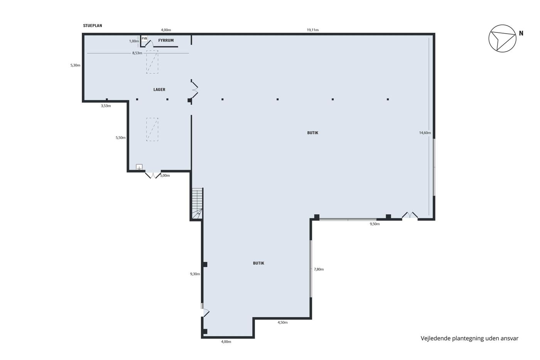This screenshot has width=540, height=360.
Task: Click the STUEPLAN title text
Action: click(x=93, y=25)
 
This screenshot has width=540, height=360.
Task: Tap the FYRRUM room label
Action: click(x=166, y=41)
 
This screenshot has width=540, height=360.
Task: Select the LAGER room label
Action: click(x=159, y=90)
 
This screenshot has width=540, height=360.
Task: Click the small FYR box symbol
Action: click(x=144, y=39)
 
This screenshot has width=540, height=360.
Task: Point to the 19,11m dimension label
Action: click(x=313, y=30)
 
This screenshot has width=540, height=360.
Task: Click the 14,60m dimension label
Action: click(x=425, y=133)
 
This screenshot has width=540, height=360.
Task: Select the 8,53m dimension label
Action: click(x=137, y=53)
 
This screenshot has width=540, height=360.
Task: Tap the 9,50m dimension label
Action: click(x=375, y=224)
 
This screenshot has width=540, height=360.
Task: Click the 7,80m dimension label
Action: click(x=319, y=269)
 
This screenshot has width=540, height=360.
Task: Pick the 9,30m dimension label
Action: click(x=195, y=274)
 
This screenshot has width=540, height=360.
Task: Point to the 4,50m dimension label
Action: click(x=282, y=323)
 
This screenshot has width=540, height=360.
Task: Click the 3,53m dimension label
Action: click(x=106, y=106)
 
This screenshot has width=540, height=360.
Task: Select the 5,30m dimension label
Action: click(x=75, y=65)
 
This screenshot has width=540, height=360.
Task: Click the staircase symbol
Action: click(x=197, y=204)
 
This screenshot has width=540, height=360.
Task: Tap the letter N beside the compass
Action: click(x=521, y=34)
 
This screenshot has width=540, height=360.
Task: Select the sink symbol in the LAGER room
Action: click(x=139, y=167)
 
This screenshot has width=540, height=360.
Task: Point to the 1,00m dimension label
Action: click(x=134, y=41)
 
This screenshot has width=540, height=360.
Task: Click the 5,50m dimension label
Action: click(x=120, y=138)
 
